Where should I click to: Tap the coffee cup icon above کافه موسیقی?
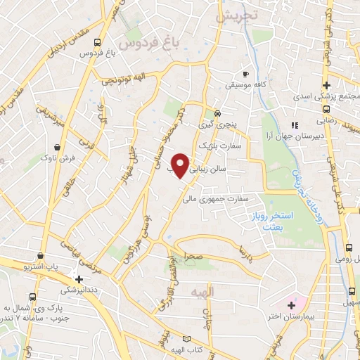[x=246, y=74]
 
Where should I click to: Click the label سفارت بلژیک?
[x=219, y=146]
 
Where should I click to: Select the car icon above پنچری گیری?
[x=218, y=113]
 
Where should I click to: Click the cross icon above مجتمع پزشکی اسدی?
[x=326, y=84]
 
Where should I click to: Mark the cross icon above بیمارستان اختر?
[x=291, y=304]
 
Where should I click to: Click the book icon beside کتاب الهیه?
[x=187, y=340]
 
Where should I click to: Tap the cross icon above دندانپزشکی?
[x=79, y=279]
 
